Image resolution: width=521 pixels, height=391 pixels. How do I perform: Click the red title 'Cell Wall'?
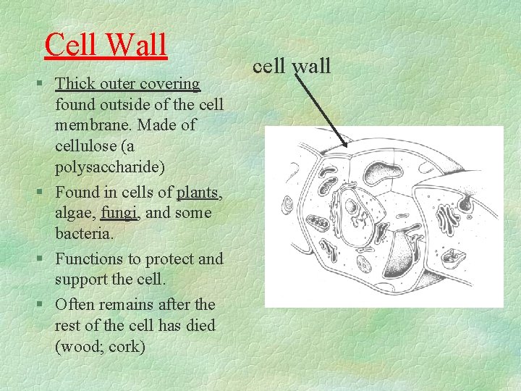point(106,45)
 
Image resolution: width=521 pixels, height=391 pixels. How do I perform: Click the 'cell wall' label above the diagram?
point(292,67)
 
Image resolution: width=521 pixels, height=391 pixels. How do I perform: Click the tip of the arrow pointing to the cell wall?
point(348,147)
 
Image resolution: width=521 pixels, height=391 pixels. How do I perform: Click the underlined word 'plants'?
point(199,193)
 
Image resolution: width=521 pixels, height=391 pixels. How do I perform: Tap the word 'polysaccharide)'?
point(110,167)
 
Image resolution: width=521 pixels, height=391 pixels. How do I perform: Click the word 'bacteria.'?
point(85,235)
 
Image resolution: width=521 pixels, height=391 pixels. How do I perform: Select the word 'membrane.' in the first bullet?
point(93,125)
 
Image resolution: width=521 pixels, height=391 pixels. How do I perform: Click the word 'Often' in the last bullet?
point(77,304)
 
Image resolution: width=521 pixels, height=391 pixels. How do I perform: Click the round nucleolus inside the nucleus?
point(352,207)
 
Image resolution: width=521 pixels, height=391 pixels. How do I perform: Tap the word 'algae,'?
point(76,213)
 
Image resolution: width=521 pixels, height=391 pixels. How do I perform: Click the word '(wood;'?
point(81,347)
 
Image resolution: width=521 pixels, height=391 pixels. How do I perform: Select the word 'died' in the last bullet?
point(200,325)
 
